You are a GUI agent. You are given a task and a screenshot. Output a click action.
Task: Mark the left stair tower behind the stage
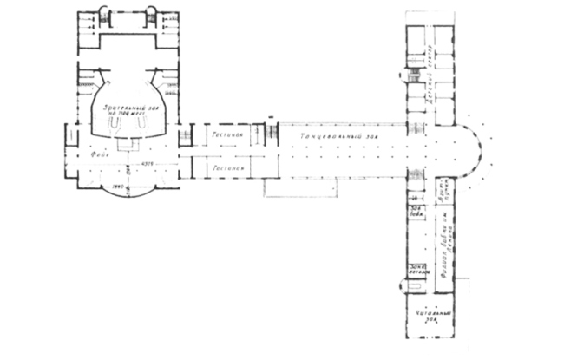click(104, 15)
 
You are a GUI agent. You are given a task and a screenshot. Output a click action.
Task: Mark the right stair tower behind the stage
click(151, 15)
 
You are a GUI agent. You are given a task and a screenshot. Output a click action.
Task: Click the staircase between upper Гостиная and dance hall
click(271, 134)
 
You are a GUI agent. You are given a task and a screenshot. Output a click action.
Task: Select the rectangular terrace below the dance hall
click(292, 186)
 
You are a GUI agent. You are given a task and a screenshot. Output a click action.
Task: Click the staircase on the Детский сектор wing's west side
click(414, 75)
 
